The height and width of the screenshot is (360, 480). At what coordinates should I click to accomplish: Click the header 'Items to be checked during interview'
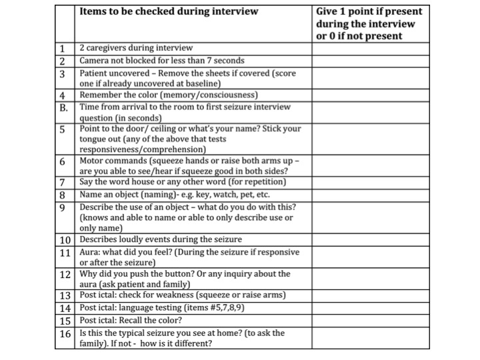(x=168, y=11)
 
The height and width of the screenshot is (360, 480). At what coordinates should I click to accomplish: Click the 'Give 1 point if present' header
(x=369, y=11)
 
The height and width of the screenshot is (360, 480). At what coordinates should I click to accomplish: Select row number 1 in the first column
(x=61, y=49)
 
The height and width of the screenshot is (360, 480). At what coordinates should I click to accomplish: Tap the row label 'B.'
(x=63, y=107)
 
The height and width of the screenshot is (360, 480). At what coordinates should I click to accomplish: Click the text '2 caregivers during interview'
(x=136, y=49)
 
